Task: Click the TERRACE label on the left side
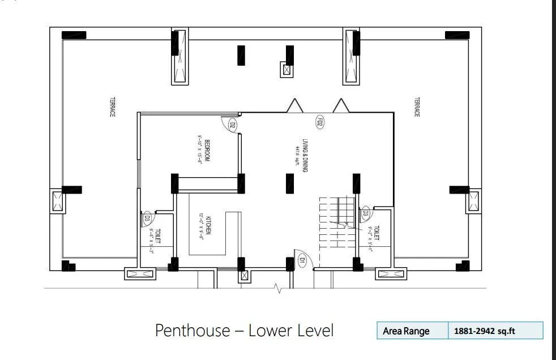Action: [112, 106]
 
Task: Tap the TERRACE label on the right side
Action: [417, 107]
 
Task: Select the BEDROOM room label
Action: [208, 151]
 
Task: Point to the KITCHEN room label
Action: [208, 226]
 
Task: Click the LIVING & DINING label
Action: [305, 155]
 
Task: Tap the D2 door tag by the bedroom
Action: [232, 125]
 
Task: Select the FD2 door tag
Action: [319, 122]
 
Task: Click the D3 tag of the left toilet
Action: [146, 217]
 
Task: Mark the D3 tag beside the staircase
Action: [366, 214]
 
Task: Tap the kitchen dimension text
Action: [201, 226]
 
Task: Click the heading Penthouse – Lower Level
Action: [244, 330]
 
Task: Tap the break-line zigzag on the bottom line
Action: [277, 290]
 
